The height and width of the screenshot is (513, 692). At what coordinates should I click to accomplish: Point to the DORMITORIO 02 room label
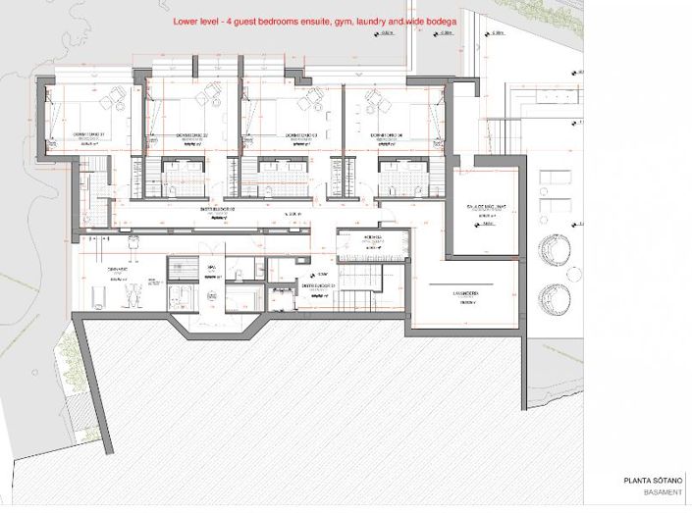tap(194, 134)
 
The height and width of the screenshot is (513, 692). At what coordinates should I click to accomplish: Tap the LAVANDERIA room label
tap(465, 293)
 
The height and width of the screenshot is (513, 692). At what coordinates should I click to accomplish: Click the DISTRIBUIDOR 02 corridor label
tap(219, 209)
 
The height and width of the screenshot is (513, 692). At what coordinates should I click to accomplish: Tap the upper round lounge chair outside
tap(554, 250)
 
